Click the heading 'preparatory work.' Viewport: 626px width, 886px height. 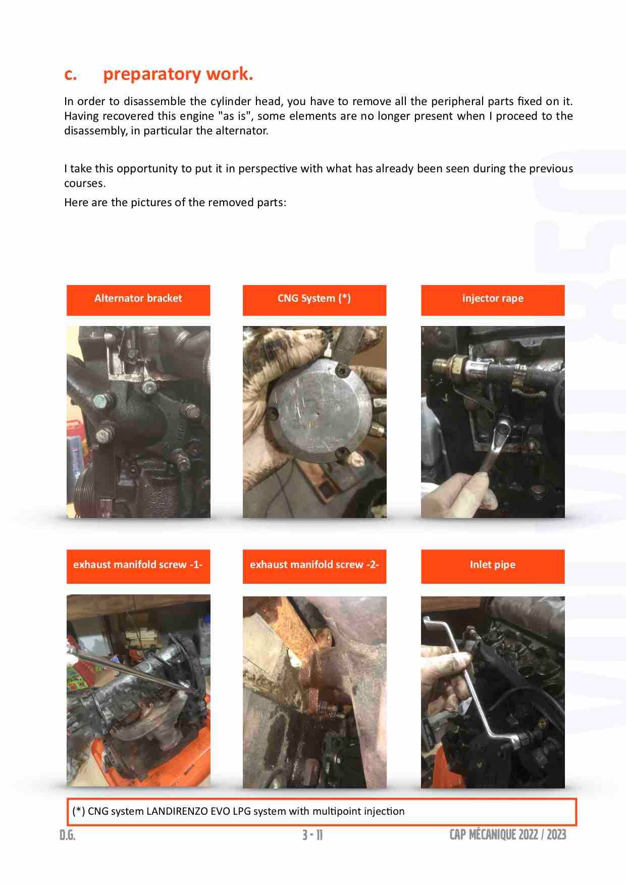pos(178,74)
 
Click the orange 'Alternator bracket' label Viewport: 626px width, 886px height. pos(138,299)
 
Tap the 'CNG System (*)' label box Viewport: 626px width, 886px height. pos(314,299)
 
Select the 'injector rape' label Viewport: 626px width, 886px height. pos(493,299)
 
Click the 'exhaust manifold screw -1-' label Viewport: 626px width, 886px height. pos(138,565)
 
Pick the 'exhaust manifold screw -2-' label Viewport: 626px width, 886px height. pos(314,565)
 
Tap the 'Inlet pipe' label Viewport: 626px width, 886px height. pos(493,565)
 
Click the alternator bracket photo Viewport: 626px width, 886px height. pos(138,422)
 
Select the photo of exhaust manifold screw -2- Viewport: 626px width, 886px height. pos(314,692)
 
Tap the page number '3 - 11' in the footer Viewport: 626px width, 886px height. pos(312,835)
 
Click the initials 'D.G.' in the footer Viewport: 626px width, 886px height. pos(67,835)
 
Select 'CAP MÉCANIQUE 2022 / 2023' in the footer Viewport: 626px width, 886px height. pos(507,834)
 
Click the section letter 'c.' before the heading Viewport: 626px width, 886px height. pos(71,74)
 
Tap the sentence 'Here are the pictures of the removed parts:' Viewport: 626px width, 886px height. pos(175,203)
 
